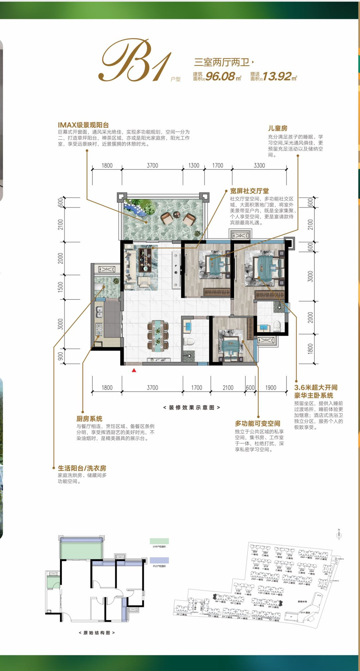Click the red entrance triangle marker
pyautogui.click(x=134, y=370)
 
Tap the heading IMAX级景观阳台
pyautogui.click(x=83, y=125)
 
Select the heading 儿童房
pyautogui.click(x=278, y=128)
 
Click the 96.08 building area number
pyautogui.click(x=220, y=76)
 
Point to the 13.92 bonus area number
pyautogui.click(x=277, y=76)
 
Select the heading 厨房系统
pyautogui.click(x=89, y=419)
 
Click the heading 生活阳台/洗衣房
pyautogui.click(x=82, y=468)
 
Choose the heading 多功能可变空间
pyautogui.click(x=257, y=424)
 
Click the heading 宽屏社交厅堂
pyautogui.click(x=249, y=191)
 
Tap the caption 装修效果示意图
pyautogui.click(x=191, y=408)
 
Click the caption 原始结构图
pyautogui.click(x=97, y=633)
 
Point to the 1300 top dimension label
pyautogui.click(x=194, y=165)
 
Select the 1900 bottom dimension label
pyautogui.click(x=271, y=388)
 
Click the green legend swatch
pyautogui.click(x=159, y=541)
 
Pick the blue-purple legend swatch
pyautogui.click(x=159, y=560)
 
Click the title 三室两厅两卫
pyautogui.click(x=222, y=62)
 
